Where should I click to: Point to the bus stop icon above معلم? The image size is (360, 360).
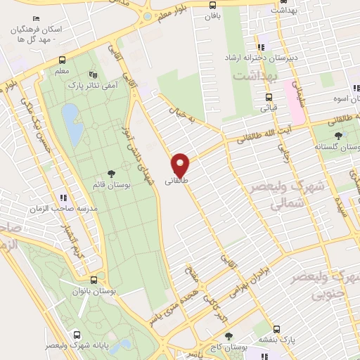pos(62,60)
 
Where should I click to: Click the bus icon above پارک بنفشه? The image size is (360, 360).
pos(277,328)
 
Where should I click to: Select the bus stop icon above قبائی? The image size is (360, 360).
pos(268,98)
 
